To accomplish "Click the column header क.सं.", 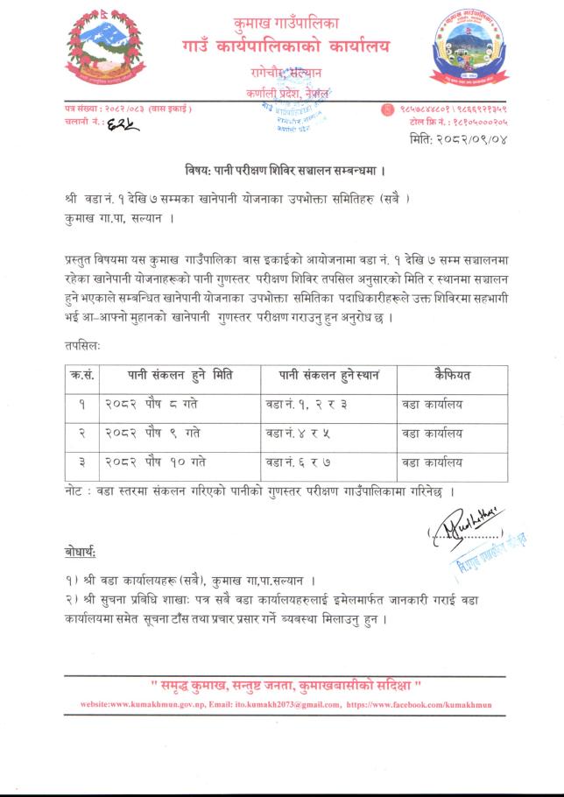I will click(x=83, y=375).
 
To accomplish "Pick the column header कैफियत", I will click(x=452, y=375).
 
